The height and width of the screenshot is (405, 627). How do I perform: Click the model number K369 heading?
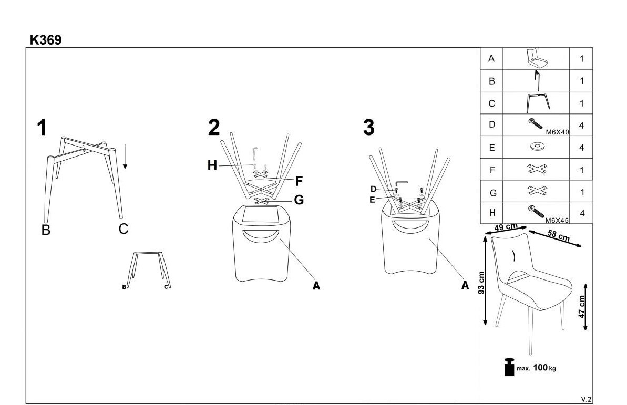pyautogui.click(x=46, y=40)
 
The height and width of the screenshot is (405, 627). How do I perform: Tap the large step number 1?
pyautogui.click(x=42, y=128)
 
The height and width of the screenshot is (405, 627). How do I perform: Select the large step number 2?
pyautogui.click(x=214, y=128)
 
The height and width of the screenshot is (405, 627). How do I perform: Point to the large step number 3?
pyautogui.click(x=368, y=128)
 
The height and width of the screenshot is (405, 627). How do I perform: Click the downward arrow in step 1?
pyautogui.click(x=125, y=157)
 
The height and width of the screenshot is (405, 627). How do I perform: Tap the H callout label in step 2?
pyautogui.click(x=212, y=165)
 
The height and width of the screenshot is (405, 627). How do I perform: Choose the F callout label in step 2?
pyautogui.click(x=299, y=182)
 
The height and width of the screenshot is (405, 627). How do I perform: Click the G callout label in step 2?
pyautogui.click(x=299, y=200)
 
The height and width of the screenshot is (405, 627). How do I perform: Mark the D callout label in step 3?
pyautogui.click(x=373, y=189)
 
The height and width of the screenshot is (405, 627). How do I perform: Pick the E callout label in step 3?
pyautogui.click(x=372, y=200)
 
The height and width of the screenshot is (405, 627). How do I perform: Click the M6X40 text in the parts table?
pyautogui.click(x=557, y=132)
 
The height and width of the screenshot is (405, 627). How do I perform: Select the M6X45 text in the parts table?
pyautogui.click(x=557, y=220)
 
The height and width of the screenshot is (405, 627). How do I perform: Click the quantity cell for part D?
pyautogui.click(x=581, y=126)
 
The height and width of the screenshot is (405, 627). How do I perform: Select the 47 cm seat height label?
pyautogui.click(x=582, y=307)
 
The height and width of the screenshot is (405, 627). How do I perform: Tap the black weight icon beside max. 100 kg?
pyautogui.click(x=509, y=367)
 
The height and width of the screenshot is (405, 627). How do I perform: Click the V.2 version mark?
pyautogui.click(x=586, y=399)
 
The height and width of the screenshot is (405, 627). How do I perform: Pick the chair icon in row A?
pyautogui.click(x=536, y=58)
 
